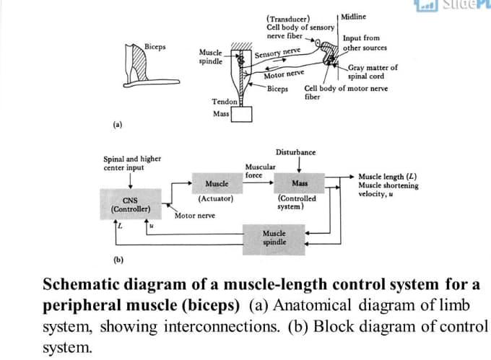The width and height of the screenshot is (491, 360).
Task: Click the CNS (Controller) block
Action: click(131, 204)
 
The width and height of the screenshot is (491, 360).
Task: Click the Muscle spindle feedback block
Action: click(274, 238)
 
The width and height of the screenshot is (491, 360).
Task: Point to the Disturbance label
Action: click(295, 152)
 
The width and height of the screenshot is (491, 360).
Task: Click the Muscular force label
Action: click(258, 170)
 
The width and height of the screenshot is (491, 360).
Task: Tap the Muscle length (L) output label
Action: click(387, 176)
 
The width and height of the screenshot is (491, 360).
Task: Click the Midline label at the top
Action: click(353, 16)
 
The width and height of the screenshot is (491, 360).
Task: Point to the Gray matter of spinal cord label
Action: click(372, 72)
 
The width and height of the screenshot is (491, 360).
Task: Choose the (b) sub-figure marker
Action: click(116, 259)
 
